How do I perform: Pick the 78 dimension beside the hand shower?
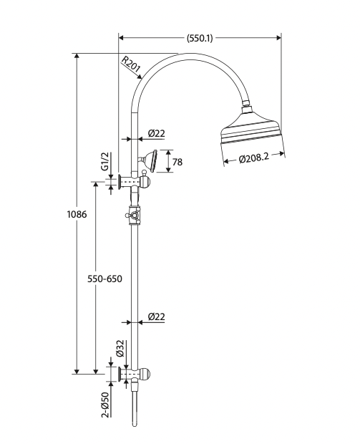click(x=177, y=162)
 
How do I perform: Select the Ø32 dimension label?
click(x=120, y=349)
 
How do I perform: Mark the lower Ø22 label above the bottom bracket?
click(x=157, y=316)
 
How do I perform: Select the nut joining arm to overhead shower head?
click(x=248, y=110)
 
